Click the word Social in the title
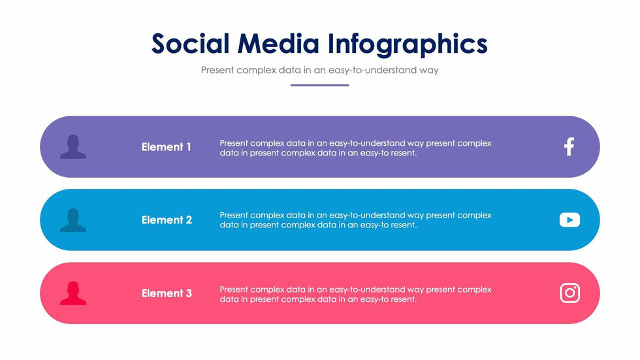click(x=190, y=43)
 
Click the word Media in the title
click(x=278, y=43)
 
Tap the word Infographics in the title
click(x=408, y=45)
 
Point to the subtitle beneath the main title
click(x=319, y=70)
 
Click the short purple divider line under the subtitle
click(x=319, y=86)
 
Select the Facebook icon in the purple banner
click(x=569, y=146)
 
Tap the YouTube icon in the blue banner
click(x=569, y=220)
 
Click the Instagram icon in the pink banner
click(x=569, y=293)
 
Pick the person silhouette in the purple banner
click(x=73, y=146)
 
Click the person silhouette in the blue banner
click(x=73, y=220)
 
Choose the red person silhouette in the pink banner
click(x=73, y=293)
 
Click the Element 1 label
click(x=166, y=147)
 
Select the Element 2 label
click(x=167, y=220)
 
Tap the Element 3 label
click(x=167, y=293)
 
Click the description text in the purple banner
click(x=355, y=148)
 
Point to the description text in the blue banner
click(x=355, y=220)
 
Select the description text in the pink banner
click(x=355, y=294)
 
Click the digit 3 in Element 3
click(x=189, y=293)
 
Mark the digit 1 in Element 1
click(x=189, y=147)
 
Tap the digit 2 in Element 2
click(x=189, y=220)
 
